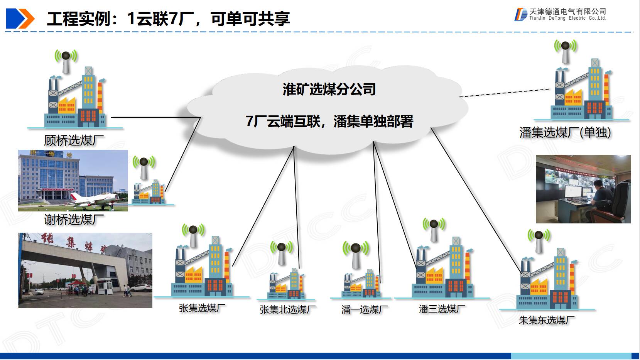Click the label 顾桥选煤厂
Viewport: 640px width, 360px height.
point(74,140)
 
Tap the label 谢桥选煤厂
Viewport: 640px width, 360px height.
point(74,220)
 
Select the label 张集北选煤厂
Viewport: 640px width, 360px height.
point(287,309)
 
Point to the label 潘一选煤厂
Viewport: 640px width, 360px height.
point(364,309)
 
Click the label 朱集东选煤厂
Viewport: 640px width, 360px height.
point(546,320)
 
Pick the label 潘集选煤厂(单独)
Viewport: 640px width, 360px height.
point(565,133)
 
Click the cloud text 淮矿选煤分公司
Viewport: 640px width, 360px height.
point(329,90)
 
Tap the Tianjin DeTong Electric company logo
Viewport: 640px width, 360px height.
point(560,15)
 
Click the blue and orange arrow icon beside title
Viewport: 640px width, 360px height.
point(20,19)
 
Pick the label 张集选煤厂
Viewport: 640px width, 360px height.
point(202,308)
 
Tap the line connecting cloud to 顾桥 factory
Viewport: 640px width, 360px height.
point(154,117)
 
